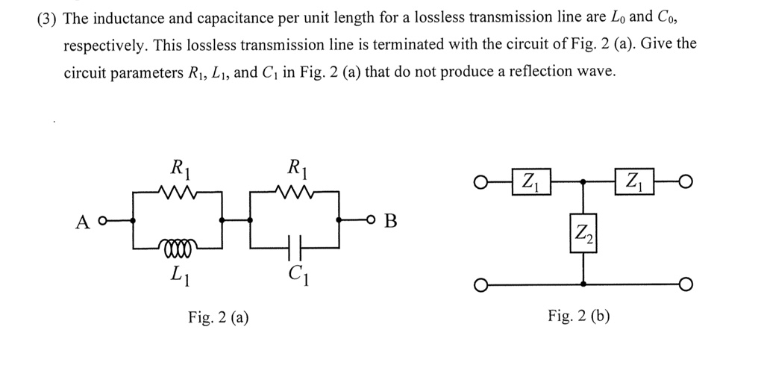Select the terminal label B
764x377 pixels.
[x=391, y=221]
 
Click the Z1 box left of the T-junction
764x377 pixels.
[x=530, y=181]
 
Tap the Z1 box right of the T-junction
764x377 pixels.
[x=634, y=181]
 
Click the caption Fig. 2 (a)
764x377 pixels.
[x=219, y=317]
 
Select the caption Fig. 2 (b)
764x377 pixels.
[x=578, y=316]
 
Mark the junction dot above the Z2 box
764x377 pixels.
[x=583, y=181]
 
